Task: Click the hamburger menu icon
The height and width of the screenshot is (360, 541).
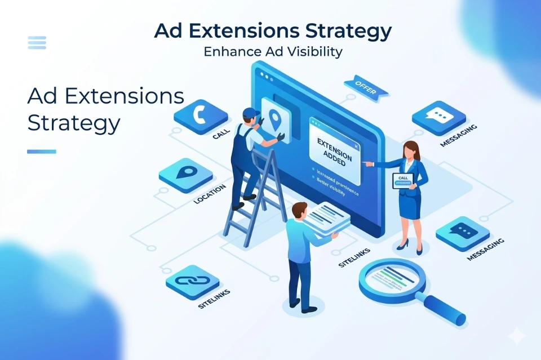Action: [37, 42]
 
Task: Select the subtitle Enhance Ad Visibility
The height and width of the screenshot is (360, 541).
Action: [273, 52]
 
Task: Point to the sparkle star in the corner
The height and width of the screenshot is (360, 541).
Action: [516, 336]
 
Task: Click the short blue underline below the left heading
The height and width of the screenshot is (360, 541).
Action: [42, 152]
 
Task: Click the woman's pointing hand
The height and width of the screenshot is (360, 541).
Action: [367, 163]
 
